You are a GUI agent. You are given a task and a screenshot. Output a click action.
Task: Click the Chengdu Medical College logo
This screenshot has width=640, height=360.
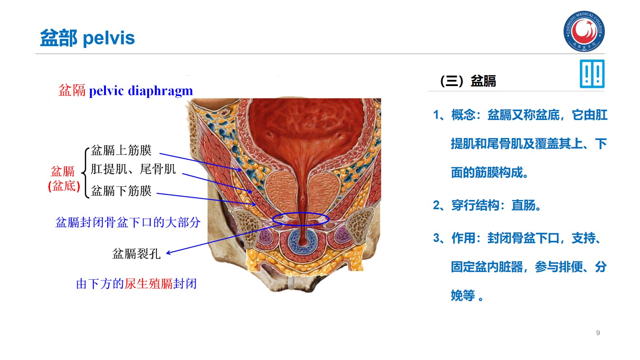point(584,31)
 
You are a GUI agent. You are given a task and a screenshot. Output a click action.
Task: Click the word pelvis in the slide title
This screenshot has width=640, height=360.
point(109,38)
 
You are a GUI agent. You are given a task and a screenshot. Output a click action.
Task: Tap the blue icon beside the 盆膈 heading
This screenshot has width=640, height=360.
point(592,74)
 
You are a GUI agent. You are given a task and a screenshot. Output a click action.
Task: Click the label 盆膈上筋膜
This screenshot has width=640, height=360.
point(121,150)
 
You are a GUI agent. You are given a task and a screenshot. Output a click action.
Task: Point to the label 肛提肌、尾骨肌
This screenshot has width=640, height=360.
point(133,169)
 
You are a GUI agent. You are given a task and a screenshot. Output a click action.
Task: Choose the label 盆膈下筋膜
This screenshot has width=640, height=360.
point(121,191)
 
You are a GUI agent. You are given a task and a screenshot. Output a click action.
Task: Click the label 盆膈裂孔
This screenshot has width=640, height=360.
point(136,254)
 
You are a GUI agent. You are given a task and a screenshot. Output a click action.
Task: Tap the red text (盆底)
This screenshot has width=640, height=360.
point(64,186)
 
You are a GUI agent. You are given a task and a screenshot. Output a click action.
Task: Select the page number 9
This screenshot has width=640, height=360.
point(598,333)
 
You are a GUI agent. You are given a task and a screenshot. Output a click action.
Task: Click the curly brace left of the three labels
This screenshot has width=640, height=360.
point(85,172)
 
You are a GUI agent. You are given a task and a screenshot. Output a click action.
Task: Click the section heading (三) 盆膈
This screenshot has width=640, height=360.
point(468,81)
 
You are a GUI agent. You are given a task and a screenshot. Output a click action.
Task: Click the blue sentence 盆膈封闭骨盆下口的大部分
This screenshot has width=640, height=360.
point(128,222)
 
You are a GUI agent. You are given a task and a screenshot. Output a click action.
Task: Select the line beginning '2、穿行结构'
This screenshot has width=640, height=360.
point(487,206)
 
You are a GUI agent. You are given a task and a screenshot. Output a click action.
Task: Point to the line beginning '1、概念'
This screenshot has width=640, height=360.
point(520,115)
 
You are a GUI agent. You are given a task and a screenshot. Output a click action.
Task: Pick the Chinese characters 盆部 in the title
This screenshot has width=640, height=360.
point(59,38)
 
